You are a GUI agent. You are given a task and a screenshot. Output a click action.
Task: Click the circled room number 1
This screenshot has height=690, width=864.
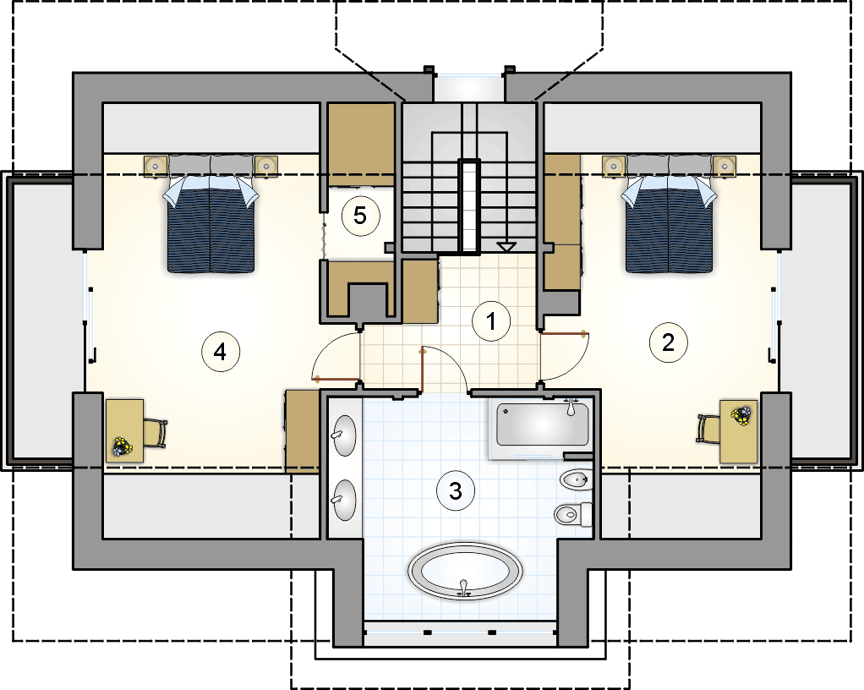point(491,320)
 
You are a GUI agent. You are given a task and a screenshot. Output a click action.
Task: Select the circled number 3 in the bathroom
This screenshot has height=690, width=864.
point(456,490)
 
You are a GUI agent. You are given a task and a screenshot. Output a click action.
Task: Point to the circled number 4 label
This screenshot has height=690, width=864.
point(221,351)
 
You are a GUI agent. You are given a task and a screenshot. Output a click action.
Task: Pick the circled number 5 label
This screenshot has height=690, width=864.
point(361,216)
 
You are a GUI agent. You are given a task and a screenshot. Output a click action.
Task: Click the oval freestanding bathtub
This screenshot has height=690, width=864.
point(465,572)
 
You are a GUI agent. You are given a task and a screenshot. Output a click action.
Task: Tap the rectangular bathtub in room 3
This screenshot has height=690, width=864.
point(543,424)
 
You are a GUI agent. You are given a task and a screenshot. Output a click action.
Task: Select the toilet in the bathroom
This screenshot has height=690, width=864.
point(573,515)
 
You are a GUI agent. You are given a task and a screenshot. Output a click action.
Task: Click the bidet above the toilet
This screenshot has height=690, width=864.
point(575,480)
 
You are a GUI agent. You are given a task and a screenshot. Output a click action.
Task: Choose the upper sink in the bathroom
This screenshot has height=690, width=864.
point(344,435)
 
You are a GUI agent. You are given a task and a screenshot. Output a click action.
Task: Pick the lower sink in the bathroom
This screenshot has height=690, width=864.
point(344,500)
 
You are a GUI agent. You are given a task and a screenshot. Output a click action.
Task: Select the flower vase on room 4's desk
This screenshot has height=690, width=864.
point(121,446)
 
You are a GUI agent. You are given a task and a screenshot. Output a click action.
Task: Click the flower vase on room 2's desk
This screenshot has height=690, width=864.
point(741,415)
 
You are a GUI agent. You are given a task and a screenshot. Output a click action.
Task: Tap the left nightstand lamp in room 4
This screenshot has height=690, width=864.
point(156,166)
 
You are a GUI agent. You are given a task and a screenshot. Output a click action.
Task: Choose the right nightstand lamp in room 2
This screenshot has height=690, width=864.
point(724,166)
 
